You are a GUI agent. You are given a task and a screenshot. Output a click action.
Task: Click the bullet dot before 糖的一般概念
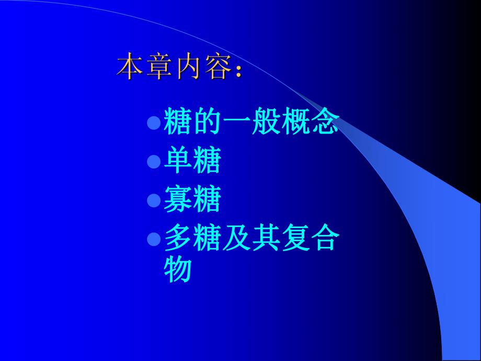click(x=153, y=123)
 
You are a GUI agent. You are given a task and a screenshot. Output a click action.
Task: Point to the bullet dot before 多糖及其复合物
click(x=153, y=240)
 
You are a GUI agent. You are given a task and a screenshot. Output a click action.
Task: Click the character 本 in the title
click(x=130, y=66)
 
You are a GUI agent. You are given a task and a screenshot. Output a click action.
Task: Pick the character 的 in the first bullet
click(x=207, y=122)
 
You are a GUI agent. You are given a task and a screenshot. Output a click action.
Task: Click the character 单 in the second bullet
click(x=178, y=161)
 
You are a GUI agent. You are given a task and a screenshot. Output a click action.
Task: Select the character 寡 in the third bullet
click(x=178, y=200)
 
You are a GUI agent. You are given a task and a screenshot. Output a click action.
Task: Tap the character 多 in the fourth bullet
click(x=178, y=239)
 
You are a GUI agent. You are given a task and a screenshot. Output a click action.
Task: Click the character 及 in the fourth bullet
click(x=236, y=239)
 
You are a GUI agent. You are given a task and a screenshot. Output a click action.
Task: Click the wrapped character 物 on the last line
click(x=178, y=270)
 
